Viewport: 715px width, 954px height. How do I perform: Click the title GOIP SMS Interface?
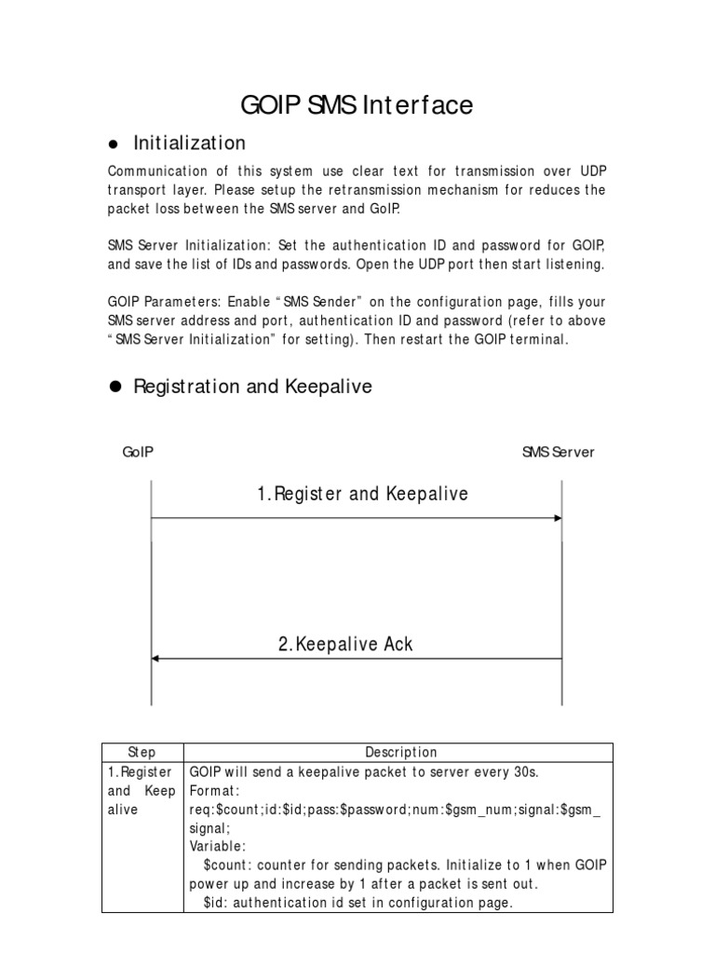click(357, 105)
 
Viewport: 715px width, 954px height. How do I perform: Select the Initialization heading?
click(190, 143)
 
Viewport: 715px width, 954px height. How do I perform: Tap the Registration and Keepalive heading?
click(252, 386)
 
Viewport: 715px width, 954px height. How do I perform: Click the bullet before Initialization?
click(115, 144)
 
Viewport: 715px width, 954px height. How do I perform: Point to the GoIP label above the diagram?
click(138, 452)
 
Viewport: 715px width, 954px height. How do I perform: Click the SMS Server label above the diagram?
click(558, 452)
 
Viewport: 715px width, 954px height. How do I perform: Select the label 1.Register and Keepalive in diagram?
click(362, 494)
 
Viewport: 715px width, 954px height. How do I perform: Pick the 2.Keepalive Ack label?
click(345, 644)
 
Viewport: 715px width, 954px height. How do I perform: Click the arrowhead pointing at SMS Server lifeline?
click(557, 518)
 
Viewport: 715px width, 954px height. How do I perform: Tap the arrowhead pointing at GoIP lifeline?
click(156, 659)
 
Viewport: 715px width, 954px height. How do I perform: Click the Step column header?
click(142, 752)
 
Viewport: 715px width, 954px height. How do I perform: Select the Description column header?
click(400, 752)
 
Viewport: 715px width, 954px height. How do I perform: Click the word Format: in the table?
click(215, 790)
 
